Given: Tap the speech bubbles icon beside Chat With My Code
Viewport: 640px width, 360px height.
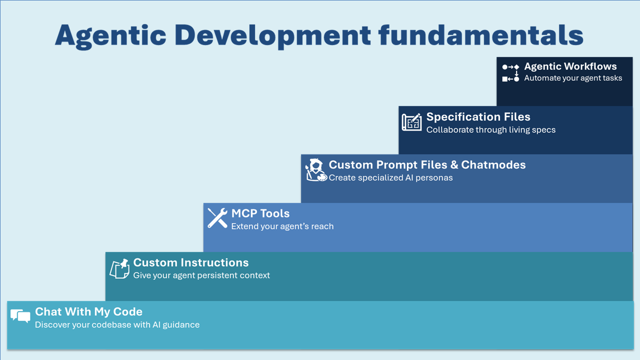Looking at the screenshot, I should [20, 316].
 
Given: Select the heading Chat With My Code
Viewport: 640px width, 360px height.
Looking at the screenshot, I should [88, 312].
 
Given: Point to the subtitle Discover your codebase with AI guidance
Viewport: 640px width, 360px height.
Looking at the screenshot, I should [117, 325].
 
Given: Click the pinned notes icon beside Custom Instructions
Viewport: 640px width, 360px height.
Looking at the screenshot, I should [119, 268].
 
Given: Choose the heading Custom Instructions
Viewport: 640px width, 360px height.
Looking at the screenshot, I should [190, 262].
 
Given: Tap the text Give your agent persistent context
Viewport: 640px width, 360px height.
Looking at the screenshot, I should [201, 275].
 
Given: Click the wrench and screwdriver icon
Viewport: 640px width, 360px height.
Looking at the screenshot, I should [217, 218].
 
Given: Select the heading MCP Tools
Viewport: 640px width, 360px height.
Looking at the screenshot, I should [260, 213].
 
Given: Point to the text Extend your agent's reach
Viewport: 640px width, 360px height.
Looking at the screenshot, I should [282, 226].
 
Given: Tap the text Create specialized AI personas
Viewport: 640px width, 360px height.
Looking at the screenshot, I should [390, 178].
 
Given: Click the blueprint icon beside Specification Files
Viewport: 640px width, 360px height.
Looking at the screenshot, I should [411, 122].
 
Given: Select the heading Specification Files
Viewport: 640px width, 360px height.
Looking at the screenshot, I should [478, 117].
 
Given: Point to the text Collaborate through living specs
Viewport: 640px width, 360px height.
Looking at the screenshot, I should [490, 130].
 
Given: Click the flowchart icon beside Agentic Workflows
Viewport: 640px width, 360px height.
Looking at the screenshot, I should [510, 72].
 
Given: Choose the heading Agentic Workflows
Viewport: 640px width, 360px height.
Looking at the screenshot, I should [570, 66].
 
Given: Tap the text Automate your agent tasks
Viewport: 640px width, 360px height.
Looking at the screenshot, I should [573, 78].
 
